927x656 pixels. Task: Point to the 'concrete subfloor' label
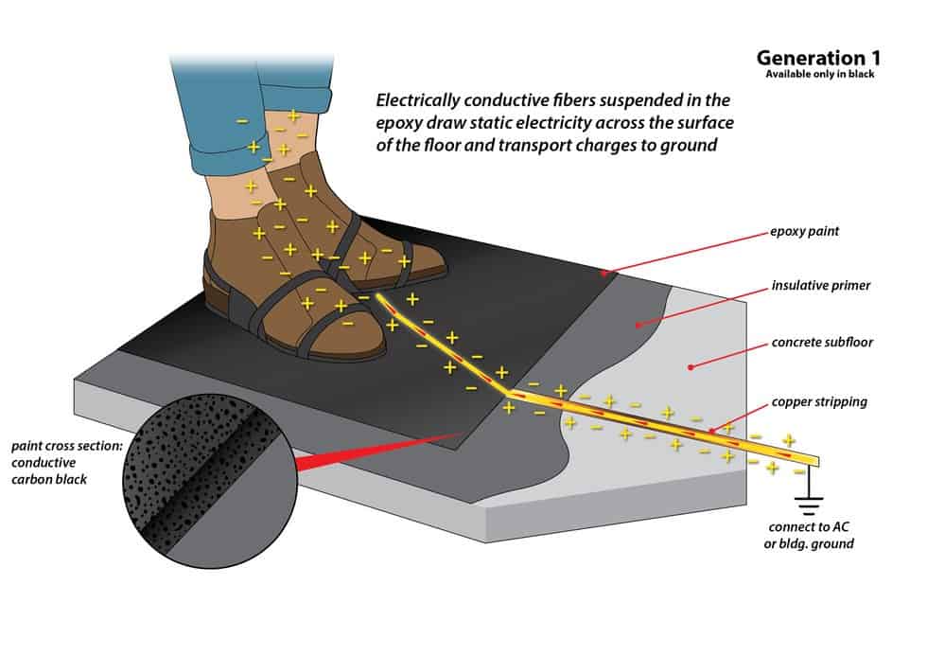[x=822, y=342]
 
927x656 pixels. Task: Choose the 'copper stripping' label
[x=817, y=401]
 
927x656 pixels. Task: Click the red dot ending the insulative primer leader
[x=638, y=325]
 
